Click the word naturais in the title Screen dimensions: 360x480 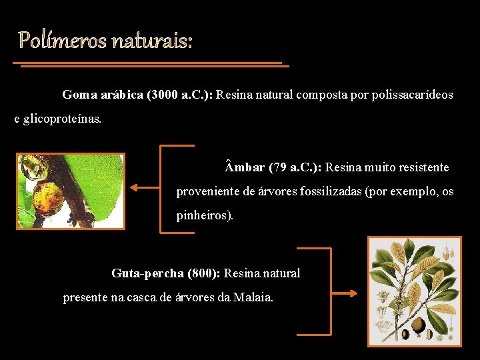click(151, 41)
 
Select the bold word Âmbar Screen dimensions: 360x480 click(245, 167)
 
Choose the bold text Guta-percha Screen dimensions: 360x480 click(147, 273)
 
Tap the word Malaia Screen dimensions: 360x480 click(253, 297)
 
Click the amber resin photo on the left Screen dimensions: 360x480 click(71, 191)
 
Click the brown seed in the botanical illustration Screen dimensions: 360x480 click(419, 325)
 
